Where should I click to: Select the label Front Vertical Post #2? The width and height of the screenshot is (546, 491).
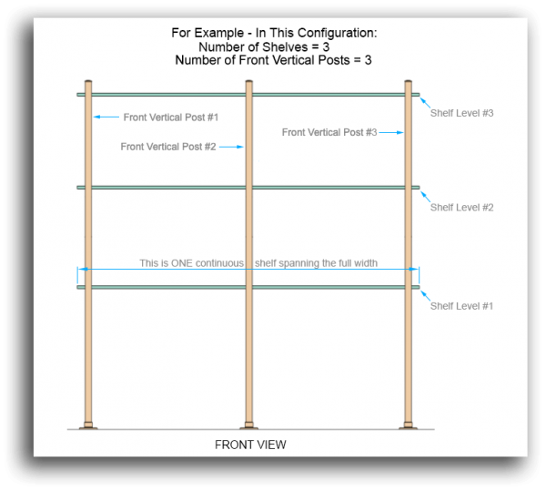click(167, 146)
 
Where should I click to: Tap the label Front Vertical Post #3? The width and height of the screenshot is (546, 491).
click(329, 132)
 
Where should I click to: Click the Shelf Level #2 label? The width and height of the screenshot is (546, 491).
click(461, 207)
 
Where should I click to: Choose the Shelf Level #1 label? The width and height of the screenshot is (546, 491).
click(461, 305)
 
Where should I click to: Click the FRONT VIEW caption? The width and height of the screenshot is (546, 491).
click(250, 445)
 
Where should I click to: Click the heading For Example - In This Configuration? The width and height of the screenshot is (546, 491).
click(274, 33)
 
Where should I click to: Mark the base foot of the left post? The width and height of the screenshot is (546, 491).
click(88, 425)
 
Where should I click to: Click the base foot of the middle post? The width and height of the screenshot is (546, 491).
click(248, 425)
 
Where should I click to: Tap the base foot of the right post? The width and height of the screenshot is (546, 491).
click(409, 425)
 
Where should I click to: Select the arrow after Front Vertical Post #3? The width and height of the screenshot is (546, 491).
click(390, 132)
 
